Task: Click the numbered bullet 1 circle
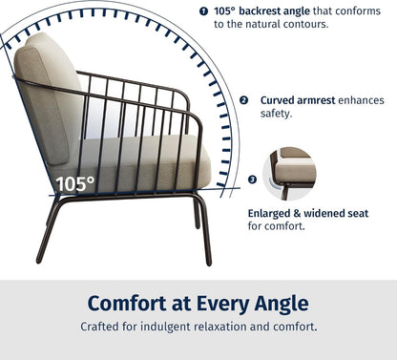[x=204, y=11]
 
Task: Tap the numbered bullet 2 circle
[x=243, y=99]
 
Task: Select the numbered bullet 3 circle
[x=252, y=179]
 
